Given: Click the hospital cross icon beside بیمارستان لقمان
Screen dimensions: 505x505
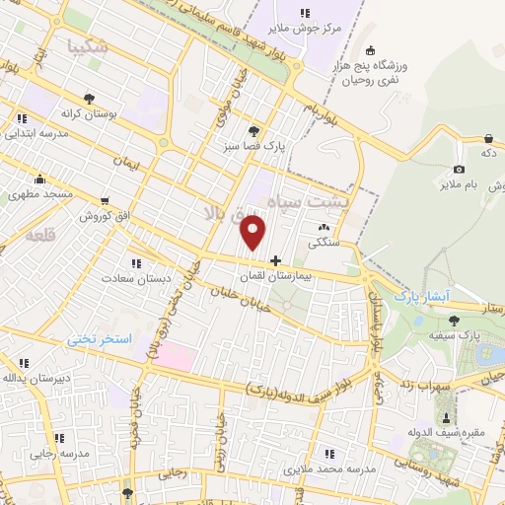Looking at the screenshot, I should [x=275, y=260].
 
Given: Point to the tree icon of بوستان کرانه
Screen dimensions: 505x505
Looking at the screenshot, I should [x=90, y=99].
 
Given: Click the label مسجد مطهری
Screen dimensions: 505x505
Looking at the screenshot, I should [x=41, y=195].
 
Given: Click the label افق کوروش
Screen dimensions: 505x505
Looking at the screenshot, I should [x=100, y=215].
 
